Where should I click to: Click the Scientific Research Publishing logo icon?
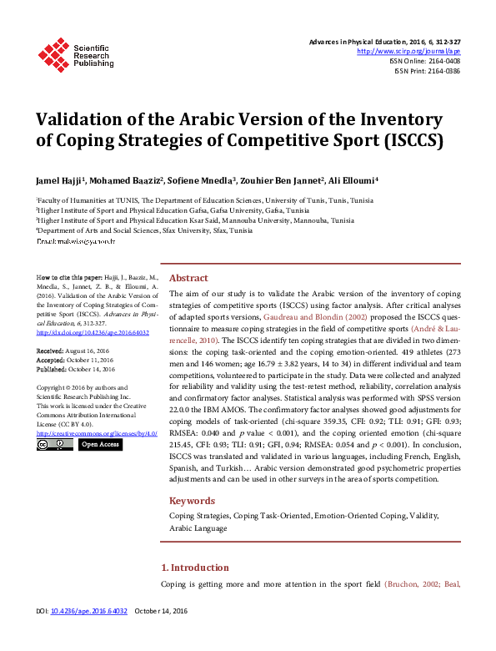click(x=54, y=54)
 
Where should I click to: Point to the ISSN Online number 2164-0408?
click(x=443, y=61)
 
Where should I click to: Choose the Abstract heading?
click(x=189, y=279)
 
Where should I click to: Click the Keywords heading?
click(x=193, y=501)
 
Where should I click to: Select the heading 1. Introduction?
click(x=195, y=568)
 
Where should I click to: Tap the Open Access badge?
click(x=100, y=445)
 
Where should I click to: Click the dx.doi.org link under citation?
click(x=80, y=332)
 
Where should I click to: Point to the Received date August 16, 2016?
click(x=94, y=351)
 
